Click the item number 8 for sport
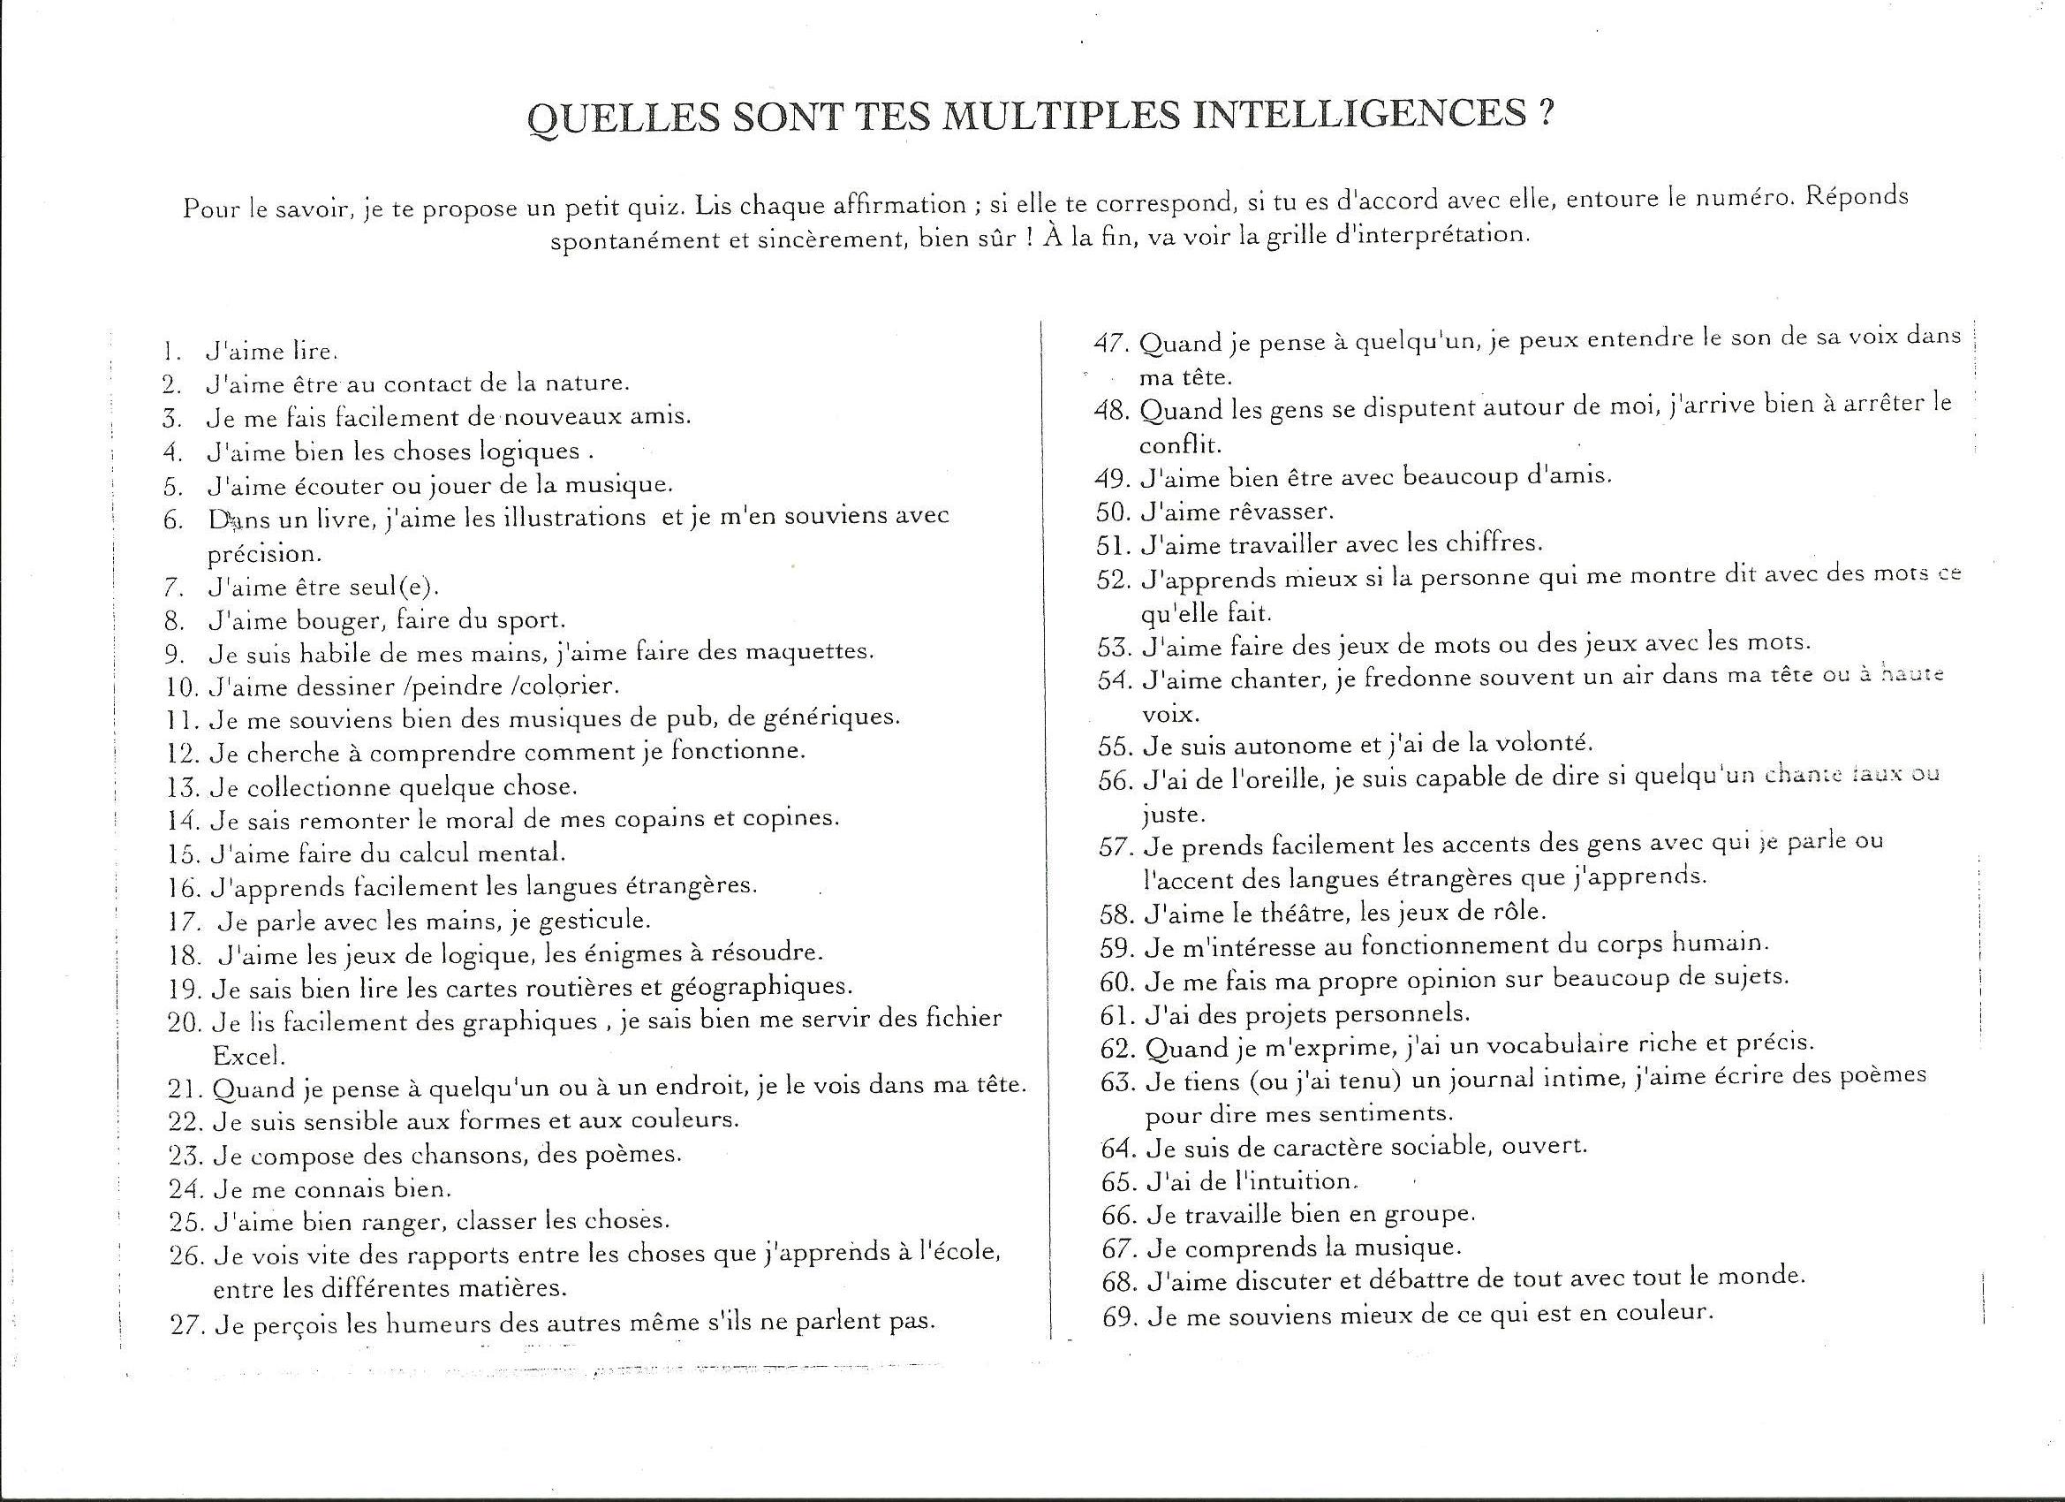(x=176, y=620)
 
